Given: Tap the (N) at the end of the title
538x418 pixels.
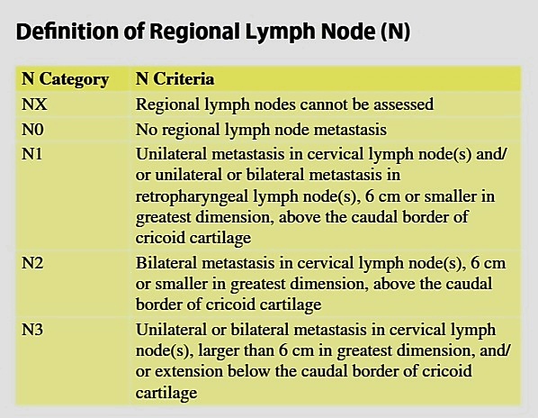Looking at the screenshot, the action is pyautogui.click(x=395, y=32).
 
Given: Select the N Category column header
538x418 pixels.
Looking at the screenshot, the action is pyautogui.click(x=65, y=79).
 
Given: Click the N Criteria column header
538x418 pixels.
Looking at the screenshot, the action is pyautogui.click(x=175, y=78).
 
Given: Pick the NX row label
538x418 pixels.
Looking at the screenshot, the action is pyautogui.click(x=34, y=104).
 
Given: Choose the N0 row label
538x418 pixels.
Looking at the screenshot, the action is pyautogui.click(x=32, y=130).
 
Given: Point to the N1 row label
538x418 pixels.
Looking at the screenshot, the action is pyautogui.click(x=31, y=154).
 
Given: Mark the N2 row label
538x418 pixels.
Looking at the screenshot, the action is pyautogui.click(x=32, y=263).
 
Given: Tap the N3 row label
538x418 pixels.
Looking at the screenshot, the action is pyautogui.click(x=32, y=330).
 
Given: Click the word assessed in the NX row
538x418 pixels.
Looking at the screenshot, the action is pyautogui.click(x=403, y=104).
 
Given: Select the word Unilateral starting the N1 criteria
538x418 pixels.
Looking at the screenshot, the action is pyautogui.click(x=171, y=154).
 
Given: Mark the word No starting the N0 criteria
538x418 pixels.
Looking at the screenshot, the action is pyautogui.click(x=147, y=130).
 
